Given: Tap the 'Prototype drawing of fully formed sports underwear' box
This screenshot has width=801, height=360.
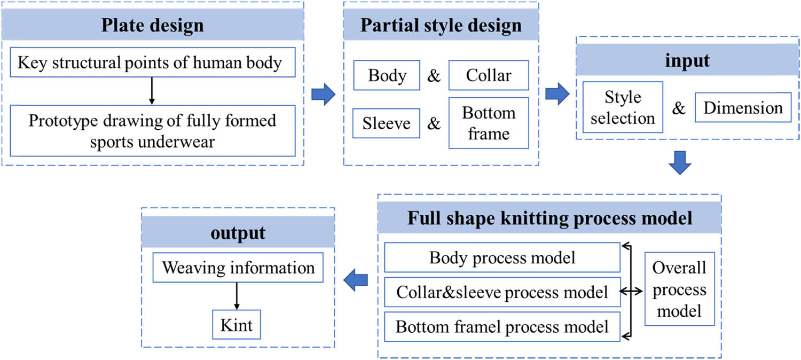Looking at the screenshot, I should point(153,130).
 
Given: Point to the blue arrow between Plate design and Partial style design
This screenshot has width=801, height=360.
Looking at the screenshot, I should point(323,95).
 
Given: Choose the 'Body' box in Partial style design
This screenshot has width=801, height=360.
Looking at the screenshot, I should point(387,76).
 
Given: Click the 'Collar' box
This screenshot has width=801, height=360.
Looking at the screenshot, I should point(489,76).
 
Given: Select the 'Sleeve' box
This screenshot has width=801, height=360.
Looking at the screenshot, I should point(387,123).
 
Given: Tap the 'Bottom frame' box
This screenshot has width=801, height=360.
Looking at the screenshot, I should point(489,123).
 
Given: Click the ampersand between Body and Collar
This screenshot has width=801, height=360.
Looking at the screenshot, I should point(435,76).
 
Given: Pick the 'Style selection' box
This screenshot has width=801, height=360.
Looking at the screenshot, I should point(623,107).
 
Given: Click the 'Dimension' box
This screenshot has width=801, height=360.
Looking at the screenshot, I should point(742,108).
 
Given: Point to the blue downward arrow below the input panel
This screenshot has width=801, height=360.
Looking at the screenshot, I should point(679,162).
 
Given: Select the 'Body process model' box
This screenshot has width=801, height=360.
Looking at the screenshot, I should point(502,258).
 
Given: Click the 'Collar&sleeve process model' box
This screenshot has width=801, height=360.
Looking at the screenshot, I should point(502,292).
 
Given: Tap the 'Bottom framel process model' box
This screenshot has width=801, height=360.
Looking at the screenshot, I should point(502,326).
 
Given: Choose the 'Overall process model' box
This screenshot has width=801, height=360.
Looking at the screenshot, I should point(679,289).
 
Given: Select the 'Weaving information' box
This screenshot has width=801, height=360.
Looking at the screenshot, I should point(238,268).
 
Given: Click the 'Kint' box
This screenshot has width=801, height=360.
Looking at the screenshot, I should point(237,325).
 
